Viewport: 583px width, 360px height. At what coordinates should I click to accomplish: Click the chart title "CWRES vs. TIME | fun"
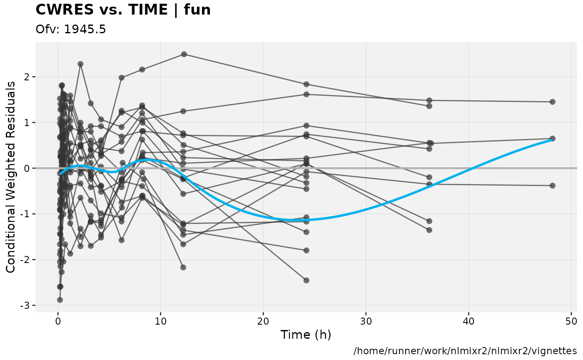(123, 10)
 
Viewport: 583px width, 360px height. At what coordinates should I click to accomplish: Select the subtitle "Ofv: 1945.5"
(71, 30)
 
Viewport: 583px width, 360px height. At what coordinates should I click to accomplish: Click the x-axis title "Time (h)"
(306, 335)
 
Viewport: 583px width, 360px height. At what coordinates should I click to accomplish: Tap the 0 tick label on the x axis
(58, 321)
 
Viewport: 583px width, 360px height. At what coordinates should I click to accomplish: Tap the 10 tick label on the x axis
(160, 321)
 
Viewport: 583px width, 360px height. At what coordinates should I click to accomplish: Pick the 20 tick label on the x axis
(263, 321)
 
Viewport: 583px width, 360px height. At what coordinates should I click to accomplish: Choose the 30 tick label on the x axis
(366, 321)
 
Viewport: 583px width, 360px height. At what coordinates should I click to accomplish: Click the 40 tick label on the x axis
(468, 321)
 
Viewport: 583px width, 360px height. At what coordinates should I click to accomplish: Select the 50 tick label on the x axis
(571, 321)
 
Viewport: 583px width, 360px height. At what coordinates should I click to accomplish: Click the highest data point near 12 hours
(184, 54)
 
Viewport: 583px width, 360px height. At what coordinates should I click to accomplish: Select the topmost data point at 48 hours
(552, 102)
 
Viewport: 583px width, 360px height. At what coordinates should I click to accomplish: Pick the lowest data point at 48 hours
(552, 186)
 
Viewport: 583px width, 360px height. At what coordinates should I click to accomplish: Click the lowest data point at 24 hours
(306, 280)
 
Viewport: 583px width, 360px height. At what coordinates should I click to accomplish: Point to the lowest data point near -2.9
(60, 300)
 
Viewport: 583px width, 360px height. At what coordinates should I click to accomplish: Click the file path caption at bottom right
(465, 351)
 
